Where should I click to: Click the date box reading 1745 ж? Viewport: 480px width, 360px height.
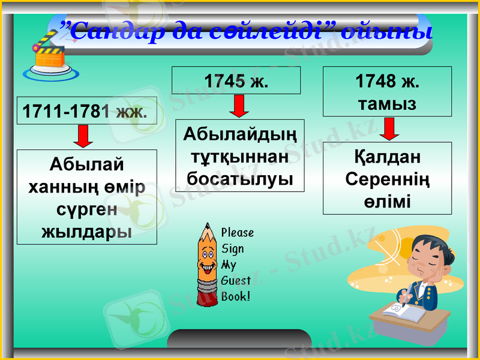(x=236, y=80)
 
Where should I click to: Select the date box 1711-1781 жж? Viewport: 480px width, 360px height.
(x=86, y=110)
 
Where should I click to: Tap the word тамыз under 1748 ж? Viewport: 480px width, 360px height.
(x=387, y=103)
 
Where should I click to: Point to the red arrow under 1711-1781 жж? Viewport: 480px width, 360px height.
(x=83, y=136)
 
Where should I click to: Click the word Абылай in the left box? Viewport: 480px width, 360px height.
(x=87, y=163)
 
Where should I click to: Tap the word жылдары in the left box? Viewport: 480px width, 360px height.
(x=87, y=231)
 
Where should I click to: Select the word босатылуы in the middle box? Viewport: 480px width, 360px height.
(x=240, y=178)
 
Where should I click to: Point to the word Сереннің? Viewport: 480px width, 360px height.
(x=388, y=179)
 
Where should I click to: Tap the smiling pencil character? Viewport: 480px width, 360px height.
(x=206, y=263)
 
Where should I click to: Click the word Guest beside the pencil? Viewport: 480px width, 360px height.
(x=236, y=280)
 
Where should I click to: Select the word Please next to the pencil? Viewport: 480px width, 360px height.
(x=238, y=232)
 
